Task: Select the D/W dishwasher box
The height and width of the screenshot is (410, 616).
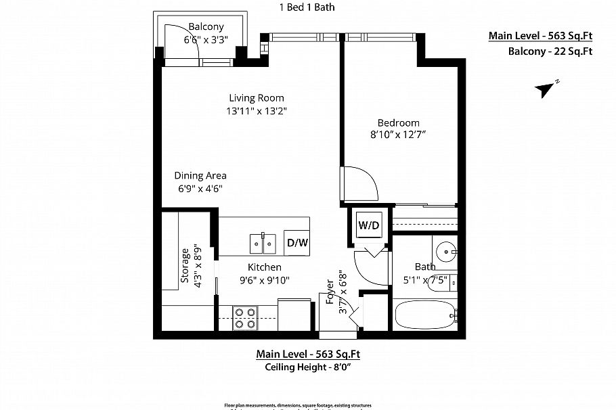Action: [297, 242]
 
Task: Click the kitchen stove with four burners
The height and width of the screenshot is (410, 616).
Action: [245, 317]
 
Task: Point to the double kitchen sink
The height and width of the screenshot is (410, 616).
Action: [263, 241]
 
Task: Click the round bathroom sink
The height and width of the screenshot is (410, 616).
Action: [445, 252]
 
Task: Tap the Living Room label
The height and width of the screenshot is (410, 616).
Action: [256, 97]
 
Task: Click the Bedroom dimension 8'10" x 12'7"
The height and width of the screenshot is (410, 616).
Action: [399, 135]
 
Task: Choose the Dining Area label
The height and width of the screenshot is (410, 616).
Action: [200, 175]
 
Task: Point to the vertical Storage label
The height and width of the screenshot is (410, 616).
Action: [184, 269]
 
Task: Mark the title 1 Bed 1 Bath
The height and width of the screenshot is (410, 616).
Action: [307, 8]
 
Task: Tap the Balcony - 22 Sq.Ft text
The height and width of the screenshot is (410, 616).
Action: [550, 51]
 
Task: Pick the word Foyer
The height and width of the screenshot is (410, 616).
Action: [330, 291]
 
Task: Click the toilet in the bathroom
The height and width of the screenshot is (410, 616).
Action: [452, 281]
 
